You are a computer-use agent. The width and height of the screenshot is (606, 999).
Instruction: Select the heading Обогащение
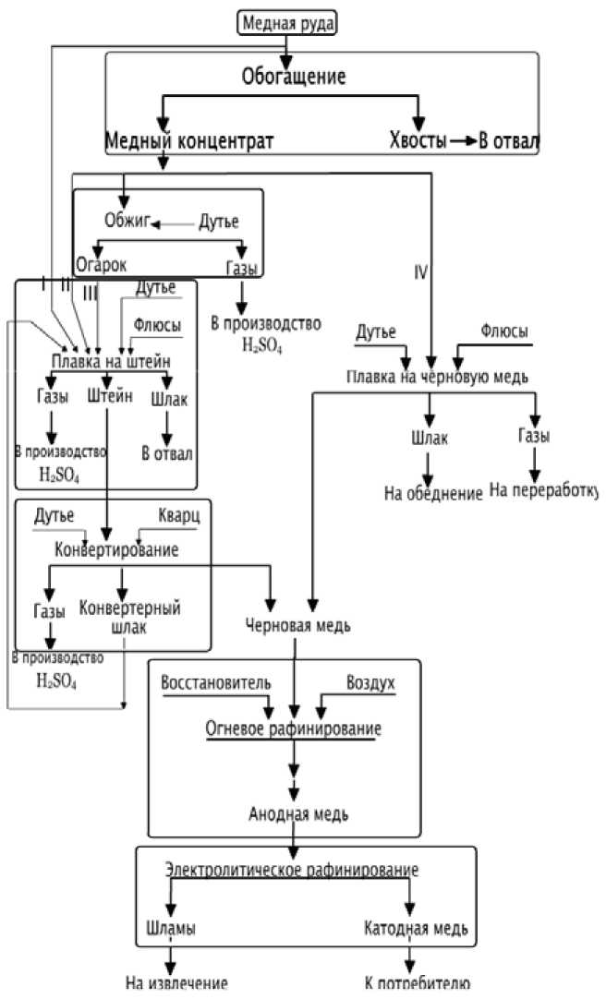pos(294,76)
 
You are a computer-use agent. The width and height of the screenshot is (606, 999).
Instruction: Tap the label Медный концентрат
pos(188,140)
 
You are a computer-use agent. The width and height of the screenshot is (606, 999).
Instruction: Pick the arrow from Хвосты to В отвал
pos(462,141)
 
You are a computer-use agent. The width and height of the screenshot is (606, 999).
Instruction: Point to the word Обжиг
pos(128,222)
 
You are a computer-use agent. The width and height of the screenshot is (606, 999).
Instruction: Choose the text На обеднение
pos(433,494)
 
